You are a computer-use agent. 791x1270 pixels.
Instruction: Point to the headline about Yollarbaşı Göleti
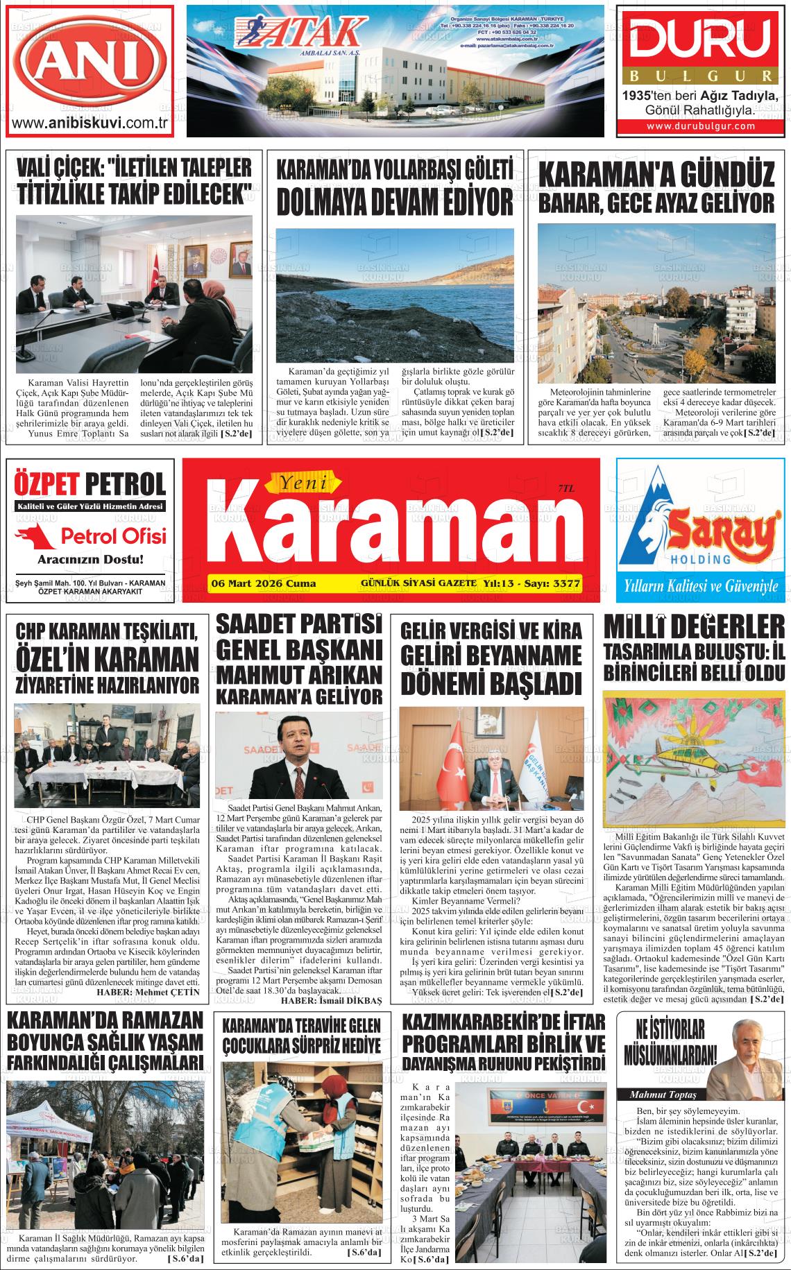coord(395,188)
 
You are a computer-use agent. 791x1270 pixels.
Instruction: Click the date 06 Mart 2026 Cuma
coord(263,583)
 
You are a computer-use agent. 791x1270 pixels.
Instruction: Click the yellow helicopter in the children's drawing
coord(683,759)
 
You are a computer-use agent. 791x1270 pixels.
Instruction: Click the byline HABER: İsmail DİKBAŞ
coord(332,1001)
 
